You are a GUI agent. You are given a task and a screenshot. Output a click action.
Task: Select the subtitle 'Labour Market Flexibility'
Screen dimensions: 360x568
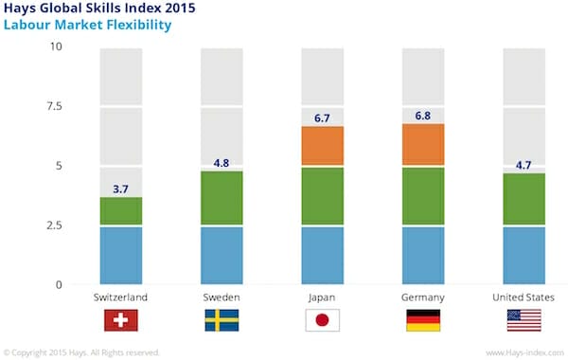coord(87,26)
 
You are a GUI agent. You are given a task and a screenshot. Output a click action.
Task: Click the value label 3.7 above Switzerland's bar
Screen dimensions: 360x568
coord(120,189)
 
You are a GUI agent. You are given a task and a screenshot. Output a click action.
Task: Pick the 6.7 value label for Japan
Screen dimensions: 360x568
coord(322,118)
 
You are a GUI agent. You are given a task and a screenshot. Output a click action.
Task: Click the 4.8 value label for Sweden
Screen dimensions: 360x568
coord(222,163)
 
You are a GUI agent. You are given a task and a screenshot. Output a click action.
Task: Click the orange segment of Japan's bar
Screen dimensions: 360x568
coord(322,146)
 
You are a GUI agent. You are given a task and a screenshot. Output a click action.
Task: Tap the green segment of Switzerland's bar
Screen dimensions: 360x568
coord(120,211)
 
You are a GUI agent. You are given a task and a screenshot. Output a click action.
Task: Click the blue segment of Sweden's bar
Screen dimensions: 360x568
coord(222,255)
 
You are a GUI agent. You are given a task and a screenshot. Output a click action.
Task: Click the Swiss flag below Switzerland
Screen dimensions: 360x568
coord(120,320)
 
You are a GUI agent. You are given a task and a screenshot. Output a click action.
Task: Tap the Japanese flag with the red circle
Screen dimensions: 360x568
coord(322,320)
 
